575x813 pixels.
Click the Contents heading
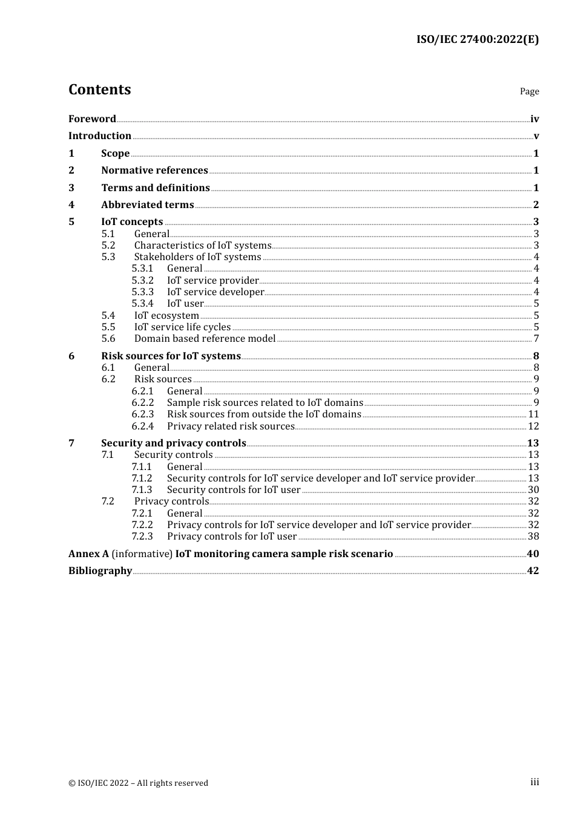99,90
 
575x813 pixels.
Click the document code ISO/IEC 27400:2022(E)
477,40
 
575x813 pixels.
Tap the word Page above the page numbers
529,91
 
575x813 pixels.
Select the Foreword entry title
92,119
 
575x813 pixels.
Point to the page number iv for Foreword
534,119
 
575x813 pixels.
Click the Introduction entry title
100,136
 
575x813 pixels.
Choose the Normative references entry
154,171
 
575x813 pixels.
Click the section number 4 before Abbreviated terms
71,205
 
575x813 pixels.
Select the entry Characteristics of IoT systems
202,246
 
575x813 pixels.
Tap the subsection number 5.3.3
142,292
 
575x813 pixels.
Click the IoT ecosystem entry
166,316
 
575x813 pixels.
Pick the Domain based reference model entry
205,339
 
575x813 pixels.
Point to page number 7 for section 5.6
536,339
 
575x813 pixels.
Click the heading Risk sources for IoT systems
171,356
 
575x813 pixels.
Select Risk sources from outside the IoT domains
264,414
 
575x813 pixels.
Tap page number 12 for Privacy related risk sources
533,426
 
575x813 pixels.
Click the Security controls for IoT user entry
234,490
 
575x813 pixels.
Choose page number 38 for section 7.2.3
533,537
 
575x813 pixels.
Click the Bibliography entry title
100,571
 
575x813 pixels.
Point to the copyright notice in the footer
138,783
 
